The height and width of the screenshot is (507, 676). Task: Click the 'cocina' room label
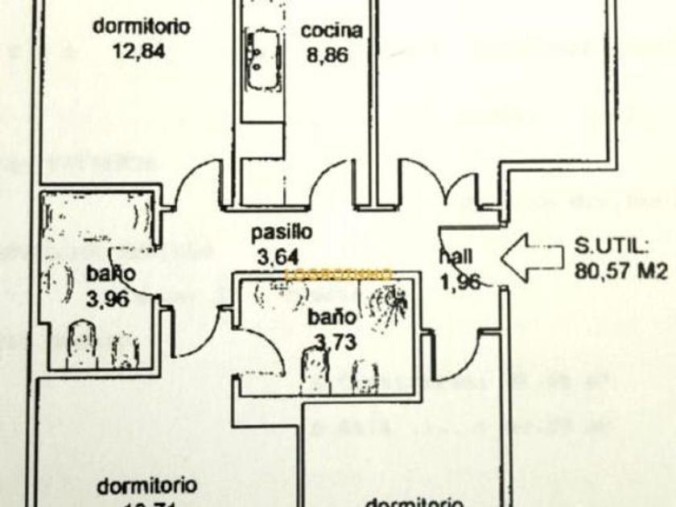tap(332, 31)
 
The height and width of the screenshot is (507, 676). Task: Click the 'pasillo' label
tap(281, 233)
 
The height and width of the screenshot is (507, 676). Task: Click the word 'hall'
tap(455, 257)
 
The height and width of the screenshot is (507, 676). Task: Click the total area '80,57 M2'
tap(621, 271)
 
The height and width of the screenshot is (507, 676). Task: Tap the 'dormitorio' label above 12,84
tap(142, 26)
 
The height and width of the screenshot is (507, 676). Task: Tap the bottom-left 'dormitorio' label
tap(147, 486)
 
